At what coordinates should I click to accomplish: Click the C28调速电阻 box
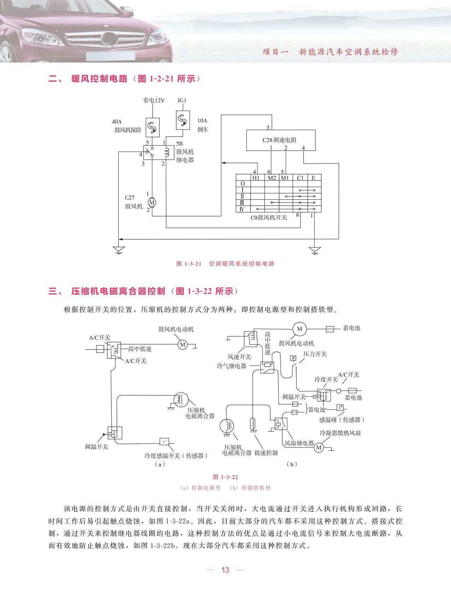pos(281,140)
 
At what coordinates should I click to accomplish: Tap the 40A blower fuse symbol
pos(152,128)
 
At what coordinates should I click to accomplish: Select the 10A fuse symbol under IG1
pos(183,120)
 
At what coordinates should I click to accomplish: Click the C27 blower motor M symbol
pos(152,202)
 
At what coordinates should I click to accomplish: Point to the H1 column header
pos(256,178)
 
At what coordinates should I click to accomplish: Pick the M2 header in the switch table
pos(271,178)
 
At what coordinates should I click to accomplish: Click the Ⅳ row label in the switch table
pos(242,209)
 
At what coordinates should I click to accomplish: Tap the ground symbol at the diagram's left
pos(119,250)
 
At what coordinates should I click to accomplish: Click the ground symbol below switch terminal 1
pos(314,251)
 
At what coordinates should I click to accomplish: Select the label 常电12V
pos(154,100)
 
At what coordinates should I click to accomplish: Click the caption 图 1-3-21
pos(189,264)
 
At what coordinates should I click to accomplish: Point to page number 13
pos(225,570)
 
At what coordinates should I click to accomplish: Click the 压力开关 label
pos(315,354)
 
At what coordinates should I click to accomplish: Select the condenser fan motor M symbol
pos(319,448)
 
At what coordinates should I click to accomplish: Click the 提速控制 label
pos(266,453)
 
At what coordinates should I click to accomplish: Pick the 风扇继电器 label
pos(299,443)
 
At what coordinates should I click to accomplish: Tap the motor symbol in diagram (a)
pos(183,344)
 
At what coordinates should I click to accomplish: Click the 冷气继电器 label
pos(232,366)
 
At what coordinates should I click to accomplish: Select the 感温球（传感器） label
pos(341,420)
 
